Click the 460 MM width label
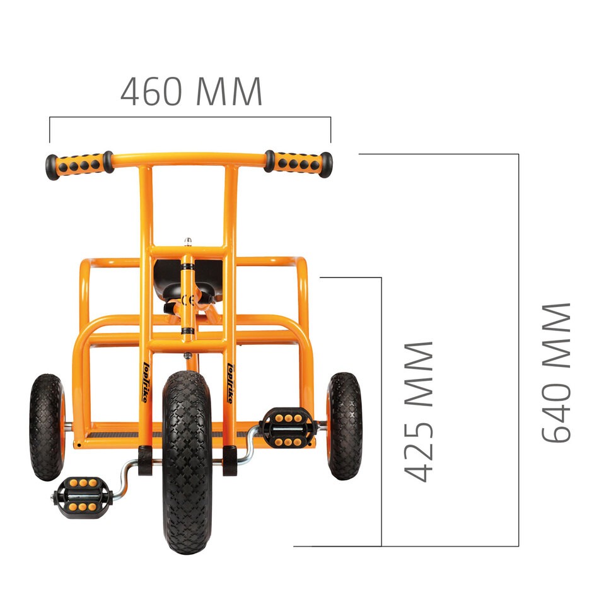191,91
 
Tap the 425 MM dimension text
418,412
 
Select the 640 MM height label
556,373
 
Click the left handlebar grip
79,165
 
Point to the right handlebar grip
298,163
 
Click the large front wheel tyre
187,462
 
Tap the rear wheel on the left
47,427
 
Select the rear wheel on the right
344,426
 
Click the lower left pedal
83,497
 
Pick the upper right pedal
288,427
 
